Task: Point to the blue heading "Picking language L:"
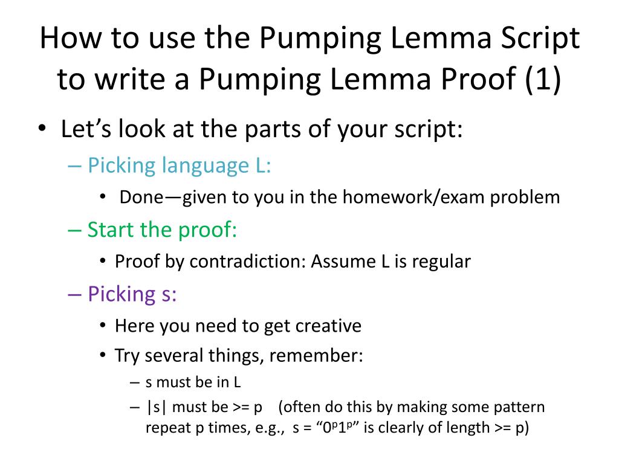[x=180, y=165]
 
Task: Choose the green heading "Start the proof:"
[x=163, y=230]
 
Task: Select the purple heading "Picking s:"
[x=132, y=294]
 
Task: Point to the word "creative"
[x=328, y=326]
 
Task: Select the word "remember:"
[x=316, y=355]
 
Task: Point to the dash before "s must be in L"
[x=134, y=382]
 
